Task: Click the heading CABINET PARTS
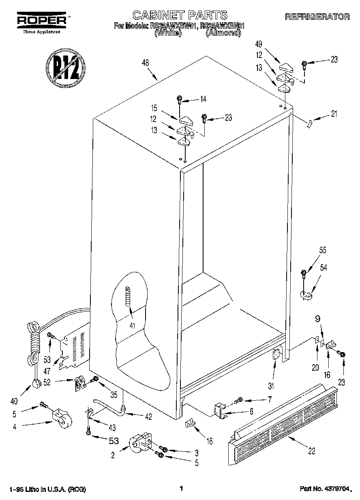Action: (180, 15)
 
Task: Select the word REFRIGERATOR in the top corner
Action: (317, 17)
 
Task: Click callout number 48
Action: (145, 63)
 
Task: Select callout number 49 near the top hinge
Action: (258, 44)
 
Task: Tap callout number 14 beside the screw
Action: (203, 98)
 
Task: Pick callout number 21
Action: (334, 114)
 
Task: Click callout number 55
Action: (323, 250)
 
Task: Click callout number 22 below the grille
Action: (312, 451)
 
